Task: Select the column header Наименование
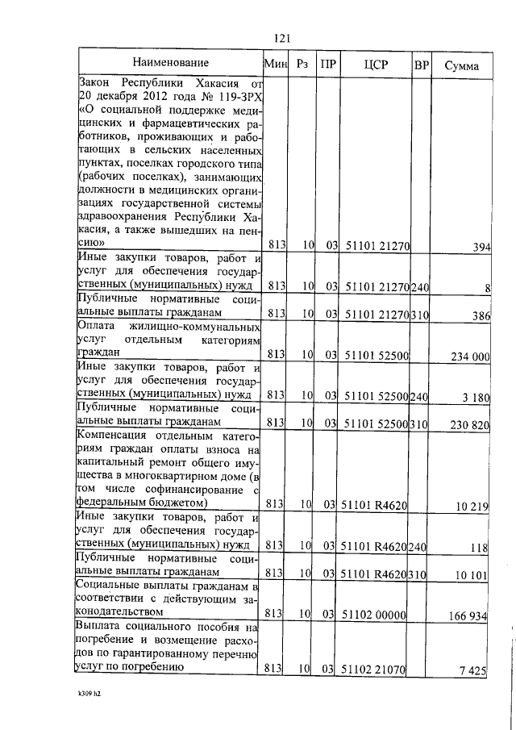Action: [170, 63]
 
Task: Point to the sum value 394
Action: [482, 247]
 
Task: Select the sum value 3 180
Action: [476, 396]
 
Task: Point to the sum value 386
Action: [481, 315]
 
